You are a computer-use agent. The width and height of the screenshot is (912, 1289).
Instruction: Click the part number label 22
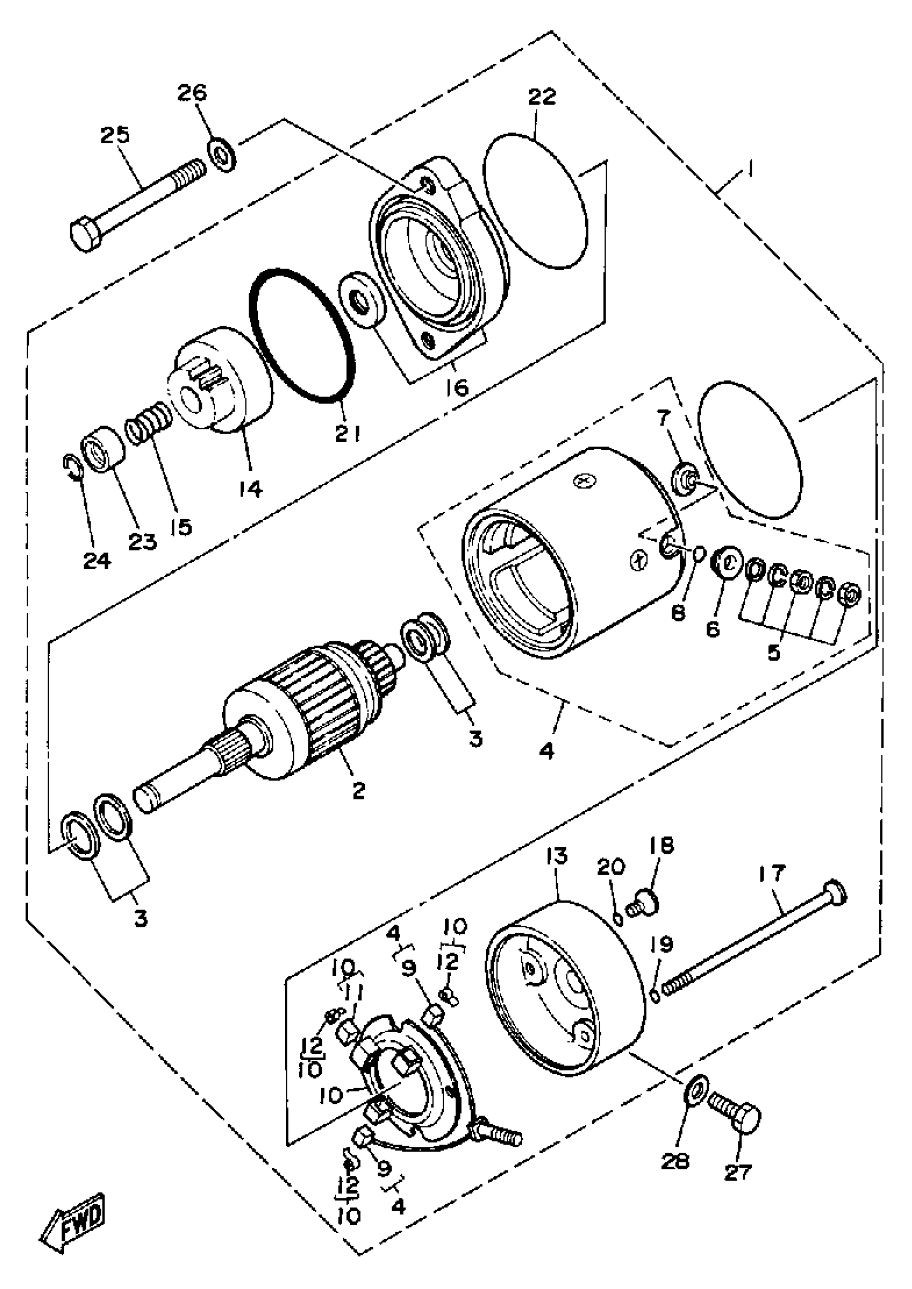[542, 97]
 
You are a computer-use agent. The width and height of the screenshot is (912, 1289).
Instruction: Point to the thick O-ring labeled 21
[301, 335]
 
